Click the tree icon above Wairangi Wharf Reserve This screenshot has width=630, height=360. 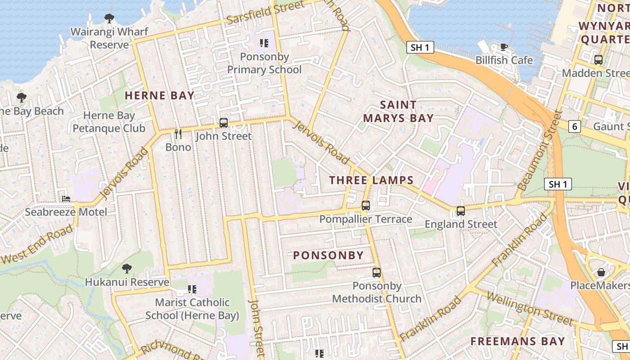[109, 18]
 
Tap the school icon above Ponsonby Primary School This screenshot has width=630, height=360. [264, 44]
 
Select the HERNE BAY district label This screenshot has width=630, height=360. [159, 95]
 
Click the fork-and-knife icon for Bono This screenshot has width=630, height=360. [178, 134]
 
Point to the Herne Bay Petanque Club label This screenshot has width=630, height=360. [109, 122]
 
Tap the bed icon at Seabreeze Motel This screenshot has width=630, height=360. [66, 198]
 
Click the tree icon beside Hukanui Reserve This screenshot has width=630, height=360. [127, 269]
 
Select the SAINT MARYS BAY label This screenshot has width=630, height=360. [398, 112]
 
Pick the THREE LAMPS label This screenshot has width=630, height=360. [371, 180]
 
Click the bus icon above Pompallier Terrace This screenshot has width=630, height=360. [366, 206]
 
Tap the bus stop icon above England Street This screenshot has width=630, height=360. [460, 211]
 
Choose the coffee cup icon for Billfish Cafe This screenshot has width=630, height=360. [504, 47]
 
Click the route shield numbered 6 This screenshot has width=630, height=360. [574, 127]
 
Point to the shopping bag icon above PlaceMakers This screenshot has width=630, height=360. [601, 272]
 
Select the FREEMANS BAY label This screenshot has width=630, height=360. [517, 341]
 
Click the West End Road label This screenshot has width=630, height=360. [37, 245]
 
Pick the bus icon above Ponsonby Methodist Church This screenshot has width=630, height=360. [377, 272]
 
